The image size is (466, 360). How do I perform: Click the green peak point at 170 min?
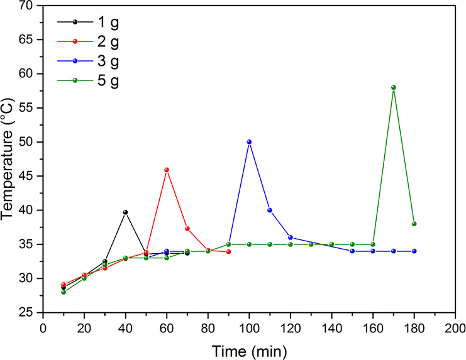(393, 87)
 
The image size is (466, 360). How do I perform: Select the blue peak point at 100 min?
(249, 142)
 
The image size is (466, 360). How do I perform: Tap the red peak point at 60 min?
(167, 170)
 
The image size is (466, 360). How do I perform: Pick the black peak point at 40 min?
(125, 212)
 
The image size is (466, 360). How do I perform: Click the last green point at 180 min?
(414, 224)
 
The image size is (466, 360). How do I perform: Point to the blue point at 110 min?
(270, 210)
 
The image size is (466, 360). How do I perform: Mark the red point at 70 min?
(187, 229)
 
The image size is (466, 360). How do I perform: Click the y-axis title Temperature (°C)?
(8, 160)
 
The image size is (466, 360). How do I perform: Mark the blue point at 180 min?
(414, 251)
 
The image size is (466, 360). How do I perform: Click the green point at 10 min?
(64, 292)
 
